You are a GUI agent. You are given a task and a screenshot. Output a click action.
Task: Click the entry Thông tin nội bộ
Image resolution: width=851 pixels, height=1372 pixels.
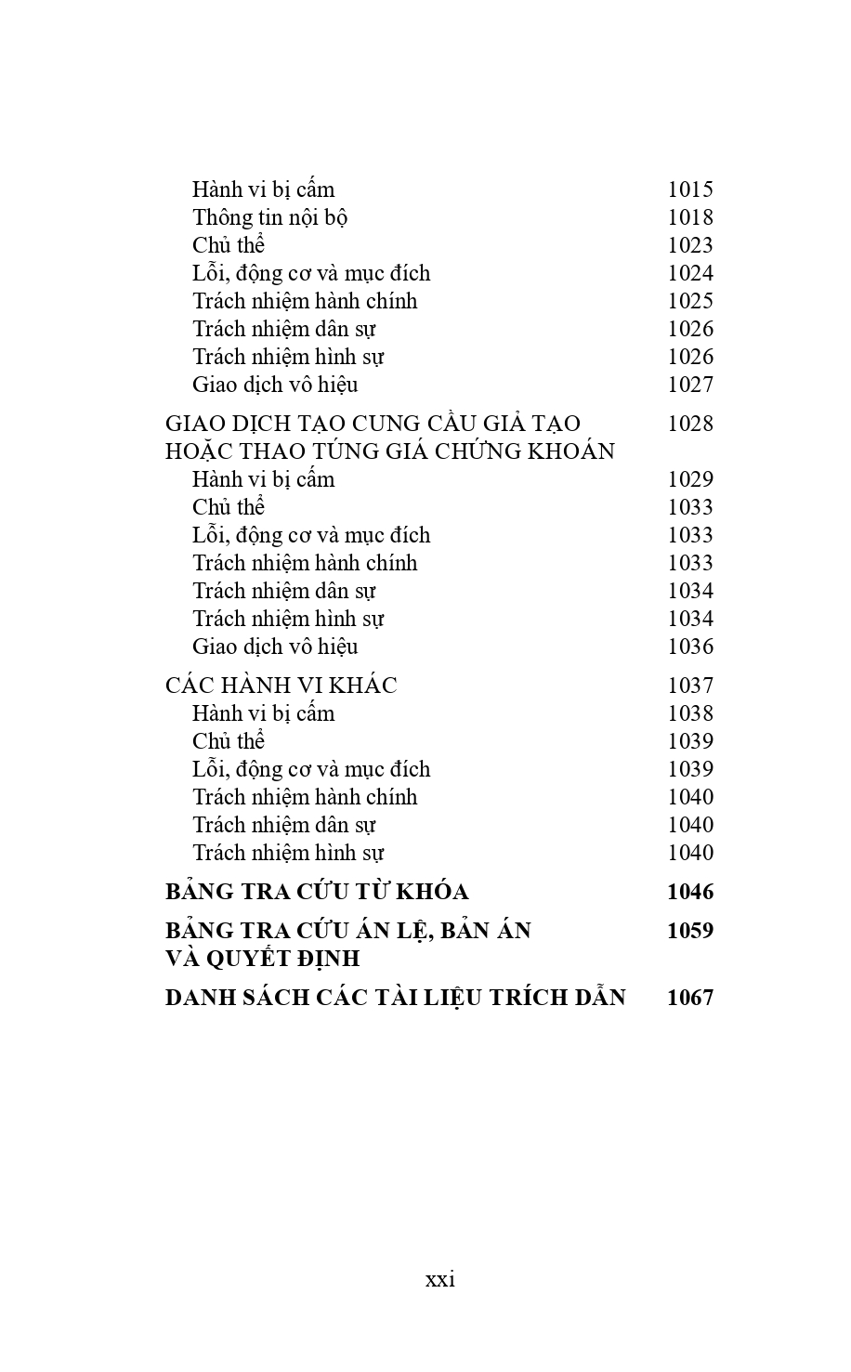[x=269, y=217]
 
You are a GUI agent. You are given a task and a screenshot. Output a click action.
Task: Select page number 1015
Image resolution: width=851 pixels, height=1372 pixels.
[x=690, y=189]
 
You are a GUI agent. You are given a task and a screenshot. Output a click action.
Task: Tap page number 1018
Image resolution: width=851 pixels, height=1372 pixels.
[x=690, y=217]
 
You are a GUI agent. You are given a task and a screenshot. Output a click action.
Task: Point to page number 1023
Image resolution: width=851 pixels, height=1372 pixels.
[x=690, y=245]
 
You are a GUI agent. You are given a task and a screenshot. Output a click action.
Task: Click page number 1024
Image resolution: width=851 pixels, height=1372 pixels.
[x=690, y=273]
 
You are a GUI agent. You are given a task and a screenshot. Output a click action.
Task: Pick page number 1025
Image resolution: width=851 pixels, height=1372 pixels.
[x=690, y=301]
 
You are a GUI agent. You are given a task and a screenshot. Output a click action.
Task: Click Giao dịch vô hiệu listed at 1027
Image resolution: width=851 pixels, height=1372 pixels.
[x=275, y=385]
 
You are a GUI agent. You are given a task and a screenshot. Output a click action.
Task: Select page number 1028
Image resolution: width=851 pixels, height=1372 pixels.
[x=690, y=424]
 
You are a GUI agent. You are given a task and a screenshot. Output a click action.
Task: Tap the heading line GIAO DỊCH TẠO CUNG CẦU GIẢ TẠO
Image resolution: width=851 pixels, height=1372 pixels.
[x=373, y=424]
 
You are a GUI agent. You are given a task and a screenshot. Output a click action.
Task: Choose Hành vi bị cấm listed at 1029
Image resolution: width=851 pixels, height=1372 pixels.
[x=263, y=479]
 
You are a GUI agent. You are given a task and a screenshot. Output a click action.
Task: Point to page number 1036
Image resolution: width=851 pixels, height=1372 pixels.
[x=690, y=647]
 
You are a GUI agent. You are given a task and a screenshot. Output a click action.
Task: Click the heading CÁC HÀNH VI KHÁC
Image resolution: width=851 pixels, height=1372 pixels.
[x=281, y=686]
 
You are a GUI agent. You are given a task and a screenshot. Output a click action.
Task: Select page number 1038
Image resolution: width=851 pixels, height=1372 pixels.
[x=690, y=713]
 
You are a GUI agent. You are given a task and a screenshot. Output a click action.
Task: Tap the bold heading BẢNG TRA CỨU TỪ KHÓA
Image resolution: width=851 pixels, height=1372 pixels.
[x=317, y=892]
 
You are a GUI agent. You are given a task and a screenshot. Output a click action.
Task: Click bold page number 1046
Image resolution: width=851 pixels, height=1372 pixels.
[x=690, y=892]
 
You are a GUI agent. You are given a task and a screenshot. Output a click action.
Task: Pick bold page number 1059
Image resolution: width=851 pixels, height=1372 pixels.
[x=690, y=931]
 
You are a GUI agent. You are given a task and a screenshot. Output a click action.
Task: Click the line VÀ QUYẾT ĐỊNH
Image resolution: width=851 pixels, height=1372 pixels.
[x=262, y=959]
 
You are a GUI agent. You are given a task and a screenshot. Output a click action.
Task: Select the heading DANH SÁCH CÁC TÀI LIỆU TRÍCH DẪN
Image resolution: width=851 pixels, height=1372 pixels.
[x=395, y=998]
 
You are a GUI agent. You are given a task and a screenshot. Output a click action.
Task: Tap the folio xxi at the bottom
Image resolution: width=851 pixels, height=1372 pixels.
[x=440, y=1279]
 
